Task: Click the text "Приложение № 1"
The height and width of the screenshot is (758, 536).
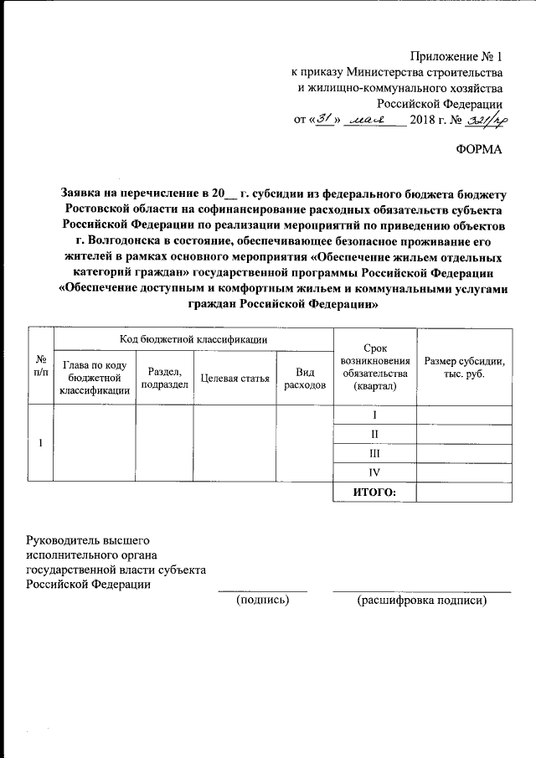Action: click(456, 58)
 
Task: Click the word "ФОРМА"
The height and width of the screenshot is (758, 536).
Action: click(479, 149)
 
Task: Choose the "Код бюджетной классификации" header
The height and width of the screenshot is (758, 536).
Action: click(193, 339)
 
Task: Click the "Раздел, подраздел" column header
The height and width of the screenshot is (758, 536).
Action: click(163, 378)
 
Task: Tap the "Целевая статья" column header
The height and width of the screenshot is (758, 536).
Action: click(235, 378)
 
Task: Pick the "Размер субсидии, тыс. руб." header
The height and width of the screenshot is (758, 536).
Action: click(464, 366)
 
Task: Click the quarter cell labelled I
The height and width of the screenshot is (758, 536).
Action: click(374, 415)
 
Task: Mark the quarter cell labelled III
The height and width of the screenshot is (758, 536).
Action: click(374, 453)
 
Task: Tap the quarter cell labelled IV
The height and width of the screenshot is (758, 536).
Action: click(374, 472)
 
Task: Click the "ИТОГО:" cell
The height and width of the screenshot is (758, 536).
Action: click(374, 492)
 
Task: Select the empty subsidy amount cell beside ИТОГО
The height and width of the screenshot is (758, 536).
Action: click(464, 492)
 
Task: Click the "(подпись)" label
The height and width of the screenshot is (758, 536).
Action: click(262, 600)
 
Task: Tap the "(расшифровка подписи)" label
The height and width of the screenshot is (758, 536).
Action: click(421, 600)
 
